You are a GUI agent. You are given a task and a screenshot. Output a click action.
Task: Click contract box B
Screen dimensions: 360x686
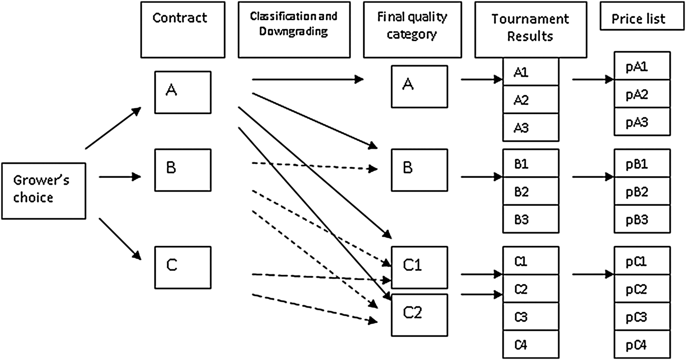pos(182,170)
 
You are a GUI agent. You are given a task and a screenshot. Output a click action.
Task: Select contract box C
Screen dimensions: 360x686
pos(182,267)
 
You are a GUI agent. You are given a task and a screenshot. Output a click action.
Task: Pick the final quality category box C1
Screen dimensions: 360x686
pos(419,267)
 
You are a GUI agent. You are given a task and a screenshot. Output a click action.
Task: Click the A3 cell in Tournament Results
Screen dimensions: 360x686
pos(531,127)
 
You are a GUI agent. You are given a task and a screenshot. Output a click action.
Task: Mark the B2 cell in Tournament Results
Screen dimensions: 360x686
pos(531,192)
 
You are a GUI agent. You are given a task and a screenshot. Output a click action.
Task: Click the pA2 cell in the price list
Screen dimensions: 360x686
pos(642,94)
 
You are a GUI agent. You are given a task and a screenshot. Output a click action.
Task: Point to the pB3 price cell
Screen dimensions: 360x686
pos(642,219)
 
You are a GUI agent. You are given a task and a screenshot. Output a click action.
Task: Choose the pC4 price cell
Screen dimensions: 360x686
pos(642,346)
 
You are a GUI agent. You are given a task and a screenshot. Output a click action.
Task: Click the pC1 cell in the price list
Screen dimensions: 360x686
pos(642,261)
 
